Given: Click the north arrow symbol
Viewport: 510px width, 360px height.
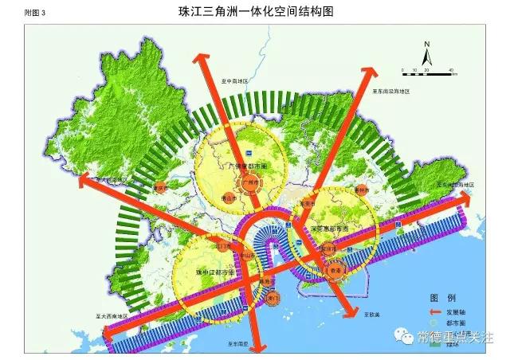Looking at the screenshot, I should coord(427,54).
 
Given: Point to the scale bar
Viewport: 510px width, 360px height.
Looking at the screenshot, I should coord(426,72).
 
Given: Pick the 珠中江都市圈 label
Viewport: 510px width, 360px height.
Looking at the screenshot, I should coord(214,272).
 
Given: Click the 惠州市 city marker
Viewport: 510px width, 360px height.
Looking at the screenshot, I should coord(361,191).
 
